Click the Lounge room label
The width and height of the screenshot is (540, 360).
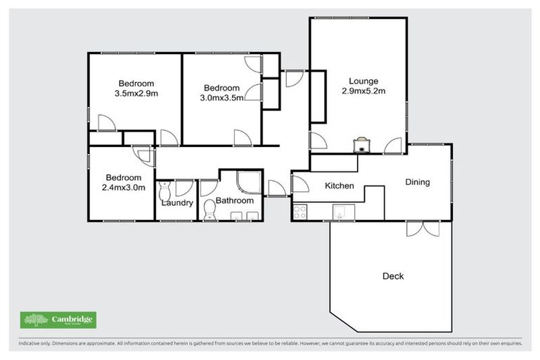[364, 81]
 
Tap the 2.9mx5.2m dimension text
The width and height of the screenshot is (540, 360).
[364, 91]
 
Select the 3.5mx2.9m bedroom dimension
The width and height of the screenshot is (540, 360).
[136, 93]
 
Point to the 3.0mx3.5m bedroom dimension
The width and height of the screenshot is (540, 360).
[222, 98]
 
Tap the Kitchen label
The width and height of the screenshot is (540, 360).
[338, 186]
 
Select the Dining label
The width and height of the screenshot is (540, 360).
[417, 182]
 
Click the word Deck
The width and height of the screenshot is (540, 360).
[393, 276]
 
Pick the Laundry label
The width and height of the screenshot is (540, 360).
[176, 203]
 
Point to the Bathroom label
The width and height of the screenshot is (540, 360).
[234, 200]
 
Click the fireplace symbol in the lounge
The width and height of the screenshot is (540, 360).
[361, 145]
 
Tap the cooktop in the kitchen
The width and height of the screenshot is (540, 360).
[300, 211]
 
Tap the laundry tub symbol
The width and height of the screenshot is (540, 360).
[165, 190]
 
